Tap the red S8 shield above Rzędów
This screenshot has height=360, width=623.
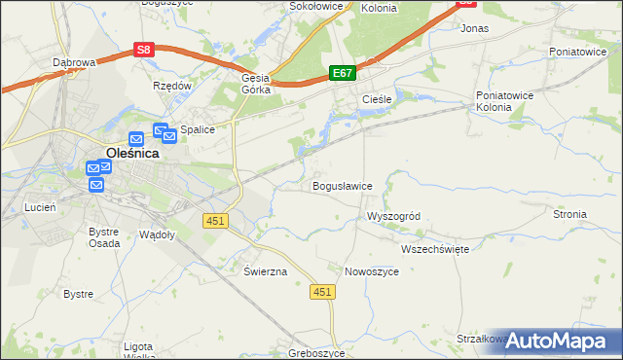pos(144,49)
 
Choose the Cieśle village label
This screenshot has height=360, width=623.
pos(377,100)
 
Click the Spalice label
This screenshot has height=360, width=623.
pos(197,128)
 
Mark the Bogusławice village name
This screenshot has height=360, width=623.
pos(342,186)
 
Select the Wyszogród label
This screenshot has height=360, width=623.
pos(393,216)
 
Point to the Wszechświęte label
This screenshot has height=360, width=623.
pos(435,249)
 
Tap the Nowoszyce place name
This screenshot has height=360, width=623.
pos(372,271)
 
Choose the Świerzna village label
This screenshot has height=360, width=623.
pos(265,271)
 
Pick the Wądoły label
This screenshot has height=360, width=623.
pos(157,234)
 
